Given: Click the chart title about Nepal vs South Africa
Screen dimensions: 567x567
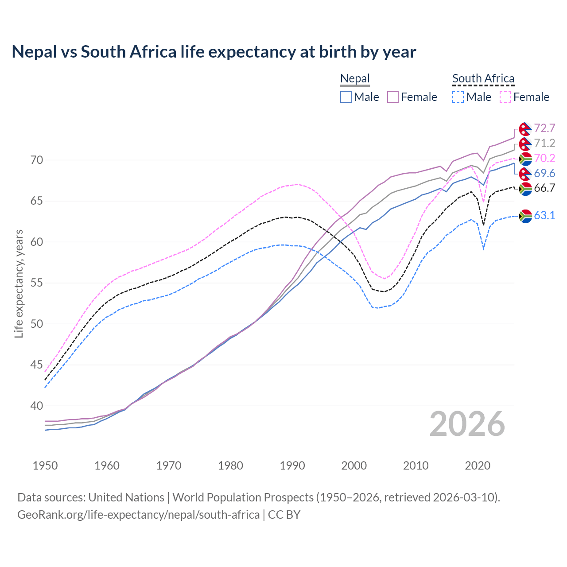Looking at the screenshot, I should point(214,52).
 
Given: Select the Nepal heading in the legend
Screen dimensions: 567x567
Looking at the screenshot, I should point(355,79).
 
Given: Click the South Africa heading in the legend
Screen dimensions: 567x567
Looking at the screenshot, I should point(483,79).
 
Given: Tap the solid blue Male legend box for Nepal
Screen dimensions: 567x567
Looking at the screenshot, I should point(346,97).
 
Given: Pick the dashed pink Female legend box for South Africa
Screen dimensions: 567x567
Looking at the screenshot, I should point(505,97).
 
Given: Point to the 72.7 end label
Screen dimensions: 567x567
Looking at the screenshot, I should point(544,128).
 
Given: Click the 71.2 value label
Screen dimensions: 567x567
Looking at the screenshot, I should point(544,143).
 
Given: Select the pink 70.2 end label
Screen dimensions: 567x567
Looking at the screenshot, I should point(544,158).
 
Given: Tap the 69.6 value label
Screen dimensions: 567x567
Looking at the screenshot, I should point(544,173).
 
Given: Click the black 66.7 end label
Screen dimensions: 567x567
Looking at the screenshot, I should point(544,188).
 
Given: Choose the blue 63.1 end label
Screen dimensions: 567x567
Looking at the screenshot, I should point(544,216).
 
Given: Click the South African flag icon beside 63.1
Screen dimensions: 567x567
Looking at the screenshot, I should point(525,216).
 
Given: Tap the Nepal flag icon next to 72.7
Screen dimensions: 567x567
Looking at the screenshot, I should point(525,129).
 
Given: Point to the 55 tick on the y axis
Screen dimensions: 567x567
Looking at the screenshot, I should point(37,283).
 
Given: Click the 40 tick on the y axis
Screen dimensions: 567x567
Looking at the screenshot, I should point(37,406).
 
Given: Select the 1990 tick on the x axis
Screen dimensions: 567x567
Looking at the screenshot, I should point(292,466).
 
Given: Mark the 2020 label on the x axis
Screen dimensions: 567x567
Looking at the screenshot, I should point(478,466).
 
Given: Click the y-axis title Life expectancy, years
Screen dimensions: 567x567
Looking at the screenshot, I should point(19,283).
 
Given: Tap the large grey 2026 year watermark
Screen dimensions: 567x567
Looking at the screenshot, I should point(467,424).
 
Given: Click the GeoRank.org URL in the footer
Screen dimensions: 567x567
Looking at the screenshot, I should point(138,515).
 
